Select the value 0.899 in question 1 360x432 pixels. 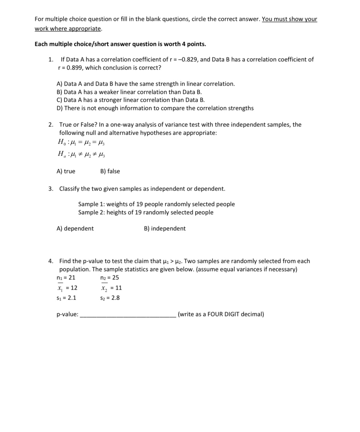[73, 68]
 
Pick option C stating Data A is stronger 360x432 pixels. [131, 100]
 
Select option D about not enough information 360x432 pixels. [155, 108]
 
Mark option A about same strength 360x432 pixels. [146, 84]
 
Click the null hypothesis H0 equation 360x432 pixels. [81, 142]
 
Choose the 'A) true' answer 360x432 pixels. [66, 171]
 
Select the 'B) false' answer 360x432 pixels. [110, 171]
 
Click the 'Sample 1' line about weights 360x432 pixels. [156, 204]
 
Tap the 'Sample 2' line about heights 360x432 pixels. [146, 212]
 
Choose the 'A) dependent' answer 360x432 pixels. [75, 228]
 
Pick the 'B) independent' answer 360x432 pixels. [165, 228]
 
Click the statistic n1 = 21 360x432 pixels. [66, 277]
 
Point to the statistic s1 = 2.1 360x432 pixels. [66, 298]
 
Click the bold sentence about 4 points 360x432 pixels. [120, 44]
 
